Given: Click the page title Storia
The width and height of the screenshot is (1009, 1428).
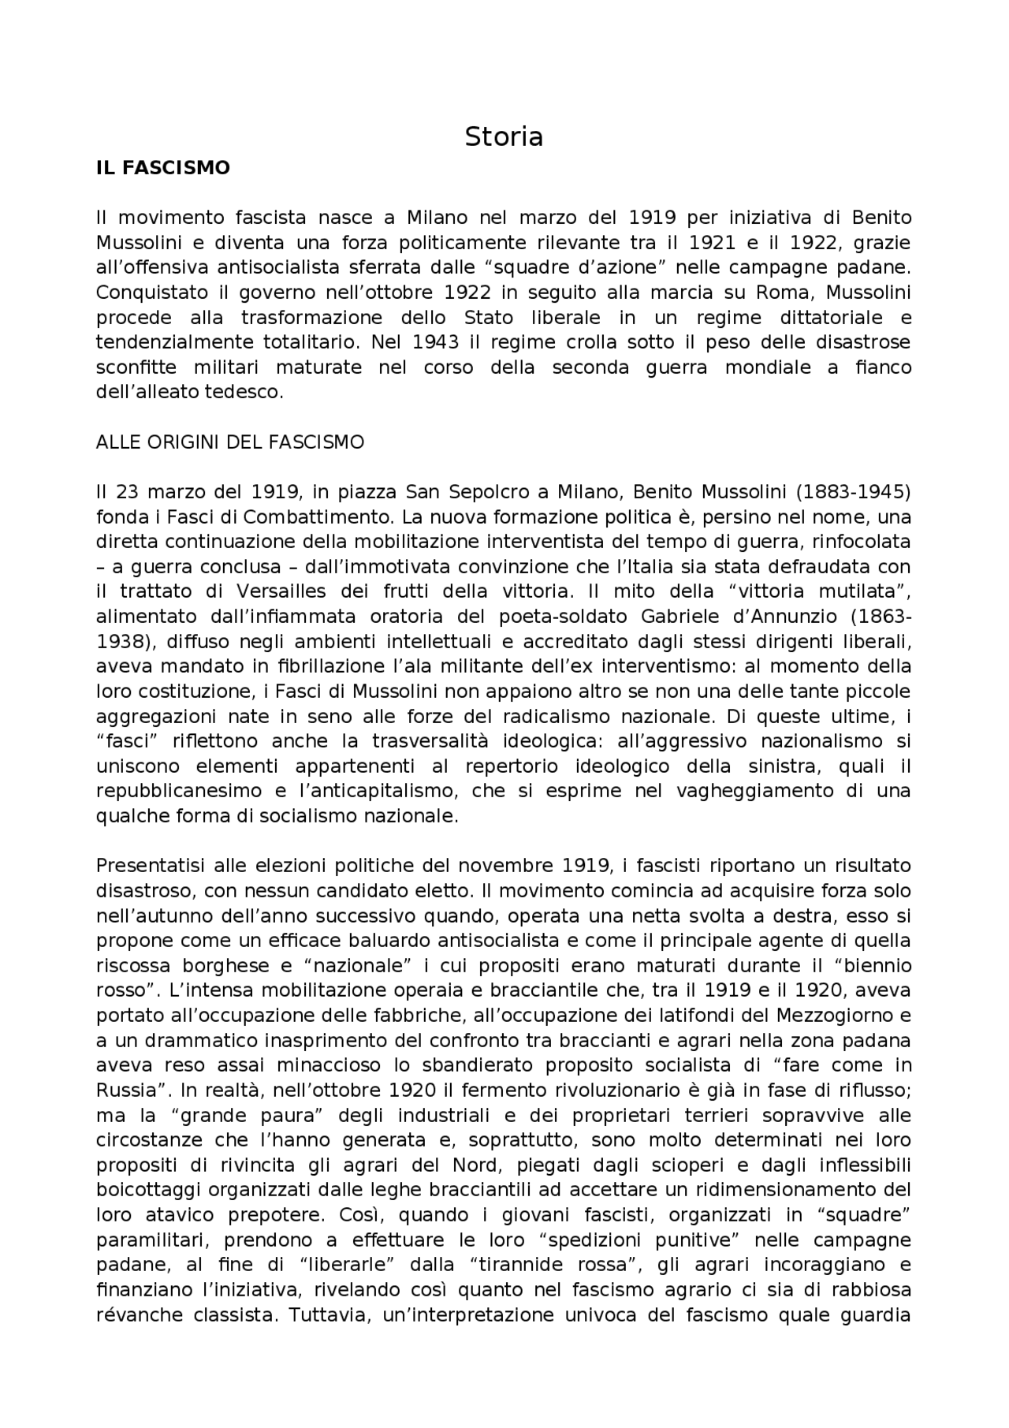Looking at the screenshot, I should pyautogui.click(x=504, y=137).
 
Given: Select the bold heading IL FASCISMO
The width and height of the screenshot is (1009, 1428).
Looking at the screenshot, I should pyautogui.click(x=162, y=168).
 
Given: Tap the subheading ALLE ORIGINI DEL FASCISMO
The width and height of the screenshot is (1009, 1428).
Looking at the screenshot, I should pyautogui.click(x=229, y=442).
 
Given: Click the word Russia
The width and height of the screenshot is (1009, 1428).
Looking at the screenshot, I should pyautogui.click(x=125, y=1091).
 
